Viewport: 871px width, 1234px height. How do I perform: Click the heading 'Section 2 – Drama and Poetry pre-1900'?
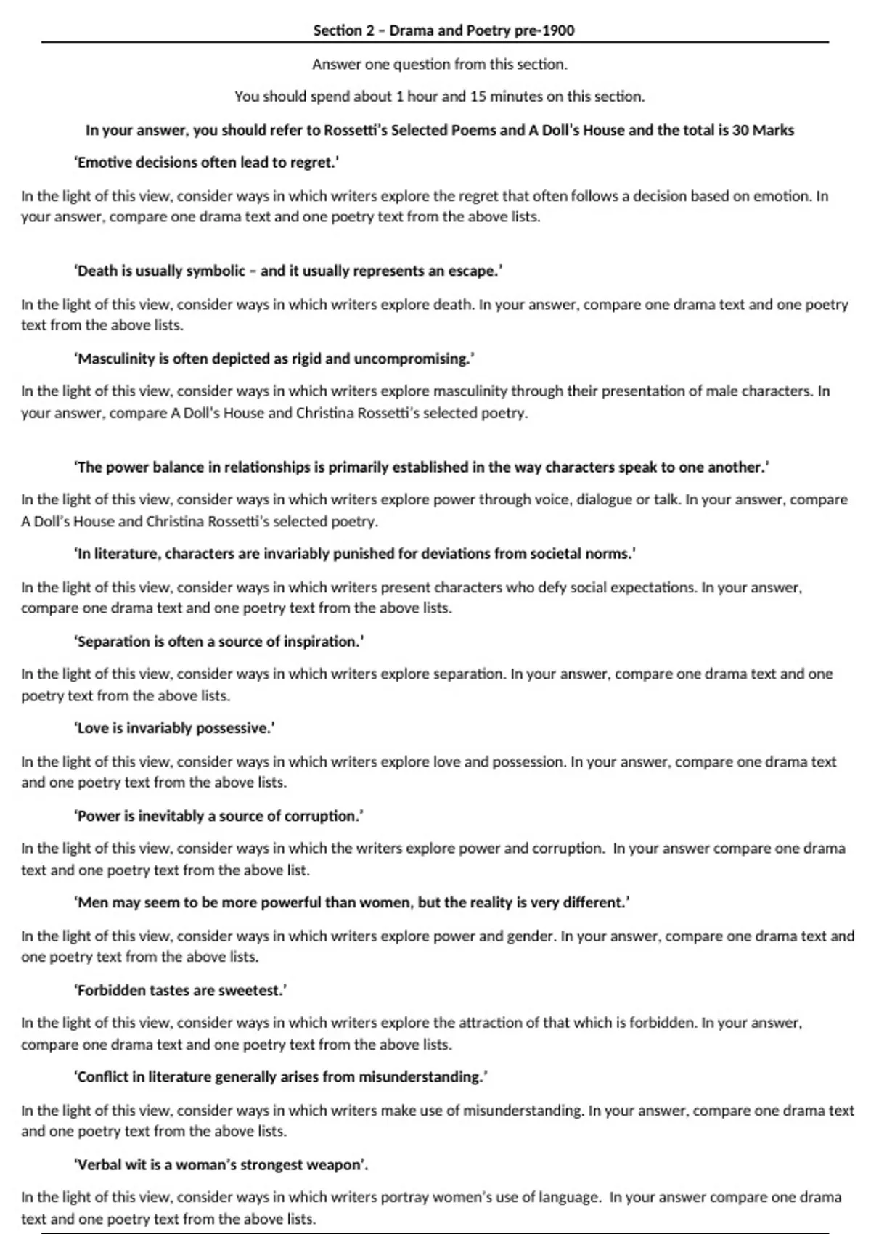[x=443, y=30]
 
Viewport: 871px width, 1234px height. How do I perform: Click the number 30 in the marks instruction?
[x=741, y=131]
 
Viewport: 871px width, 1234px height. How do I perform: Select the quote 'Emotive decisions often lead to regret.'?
[x=206, y=163]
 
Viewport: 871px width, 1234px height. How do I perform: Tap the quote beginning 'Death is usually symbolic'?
[x=288, y=271]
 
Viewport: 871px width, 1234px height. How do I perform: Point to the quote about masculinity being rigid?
[x=274, y=359]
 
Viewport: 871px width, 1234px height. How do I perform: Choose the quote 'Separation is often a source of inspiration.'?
[x=218, y=642]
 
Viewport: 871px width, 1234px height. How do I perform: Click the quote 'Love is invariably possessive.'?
[x=174, y=728]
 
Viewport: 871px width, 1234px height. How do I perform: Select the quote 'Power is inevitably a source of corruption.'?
[x=218, y=816]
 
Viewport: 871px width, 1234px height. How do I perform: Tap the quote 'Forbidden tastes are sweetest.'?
[x=180, y=990]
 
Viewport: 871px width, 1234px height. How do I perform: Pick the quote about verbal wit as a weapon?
[x=221, y=1165]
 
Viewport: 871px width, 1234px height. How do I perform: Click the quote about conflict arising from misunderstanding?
[x=280, y=1077]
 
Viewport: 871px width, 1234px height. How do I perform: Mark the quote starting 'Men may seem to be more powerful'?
[x=351, y=903]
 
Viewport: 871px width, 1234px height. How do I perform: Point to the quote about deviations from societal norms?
[x=355, y=554]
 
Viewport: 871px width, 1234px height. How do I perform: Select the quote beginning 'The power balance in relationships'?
[x=421, y=467]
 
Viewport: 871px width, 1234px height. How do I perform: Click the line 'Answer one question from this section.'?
[x=440, y=65]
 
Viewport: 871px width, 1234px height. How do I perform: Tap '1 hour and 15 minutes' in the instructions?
[x=465, y=97]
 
